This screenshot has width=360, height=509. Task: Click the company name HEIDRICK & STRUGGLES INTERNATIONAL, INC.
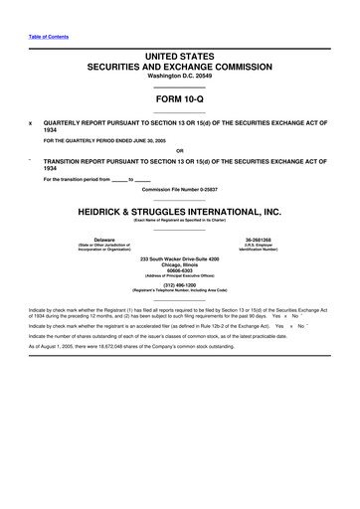coord(179,212)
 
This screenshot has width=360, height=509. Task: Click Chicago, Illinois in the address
coord(179,265)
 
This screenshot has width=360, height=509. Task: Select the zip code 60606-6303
coord(179,271)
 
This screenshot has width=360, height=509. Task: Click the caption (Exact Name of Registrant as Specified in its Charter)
coord(179,220)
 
